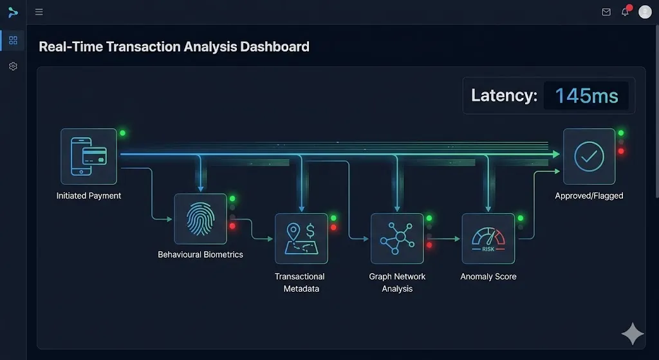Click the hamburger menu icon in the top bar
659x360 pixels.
point(39,12)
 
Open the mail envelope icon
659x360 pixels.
point(606,12)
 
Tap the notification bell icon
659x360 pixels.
point(625,12)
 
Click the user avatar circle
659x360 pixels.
point(645,12)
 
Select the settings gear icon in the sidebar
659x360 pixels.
point(13,66)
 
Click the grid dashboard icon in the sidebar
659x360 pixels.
point(13,41)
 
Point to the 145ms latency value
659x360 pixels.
point(586,96)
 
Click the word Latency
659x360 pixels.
point(504,96)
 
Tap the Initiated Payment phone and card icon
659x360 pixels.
point(89,156)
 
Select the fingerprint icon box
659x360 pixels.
point(200,220)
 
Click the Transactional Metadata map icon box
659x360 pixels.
point(301,238)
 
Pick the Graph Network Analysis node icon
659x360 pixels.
point(397,238)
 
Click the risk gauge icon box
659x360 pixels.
point(488,238)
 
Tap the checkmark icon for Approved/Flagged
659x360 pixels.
point(589,156)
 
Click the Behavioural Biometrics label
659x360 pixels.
point(200,254)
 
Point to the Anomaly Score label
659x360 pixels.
point(488,276)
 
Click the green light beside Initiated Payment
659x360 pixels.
point(122,133)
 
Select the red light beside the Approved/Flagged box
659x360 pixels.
point(621,151)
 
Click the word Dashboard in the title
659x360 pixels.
point(274,47)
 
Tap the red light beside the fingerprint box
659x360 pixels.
point(232,226)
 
